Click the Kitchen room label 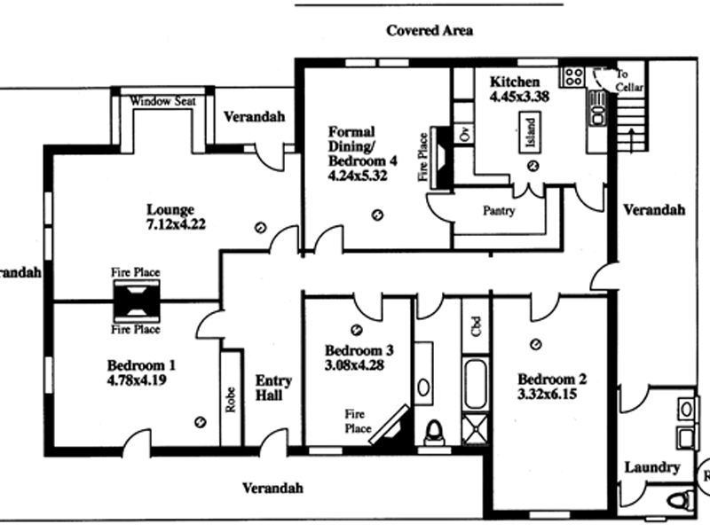tap(515, 82)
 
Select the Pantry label tap(499, 212)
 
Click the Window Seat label tap(162, 102)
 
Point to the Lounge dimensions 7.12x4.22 tap(170, 224)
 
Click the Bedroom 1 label tap(142, 364)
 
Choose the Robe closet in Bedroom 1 tap(231, 401)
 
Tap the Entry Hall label tap(274, 387)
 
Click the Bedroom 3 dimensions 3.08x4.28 tap(355, 364)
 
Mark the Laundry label tap(652, 467)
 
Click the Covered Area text tap(430, 30)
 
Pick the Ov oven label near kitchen tap(463, 133)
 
